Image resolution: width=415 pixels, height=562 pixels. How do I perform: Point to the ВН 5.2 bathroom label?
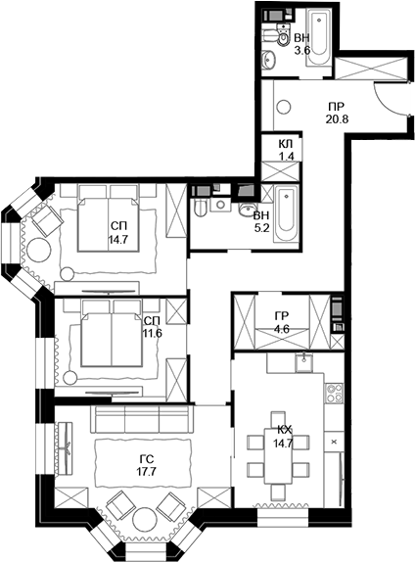(261, 220)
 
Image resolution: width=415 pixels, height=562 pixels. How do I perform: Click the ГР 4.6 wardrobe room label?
(281, 322)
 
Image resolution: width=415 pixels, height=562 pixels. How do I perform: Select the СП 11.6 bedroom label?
(152, 327)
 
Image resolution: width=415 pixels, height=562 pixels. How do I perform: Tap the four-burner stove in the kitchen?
(334, 395)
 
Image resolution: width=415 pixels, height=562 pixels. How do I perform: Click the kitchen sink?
(303, 367)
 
